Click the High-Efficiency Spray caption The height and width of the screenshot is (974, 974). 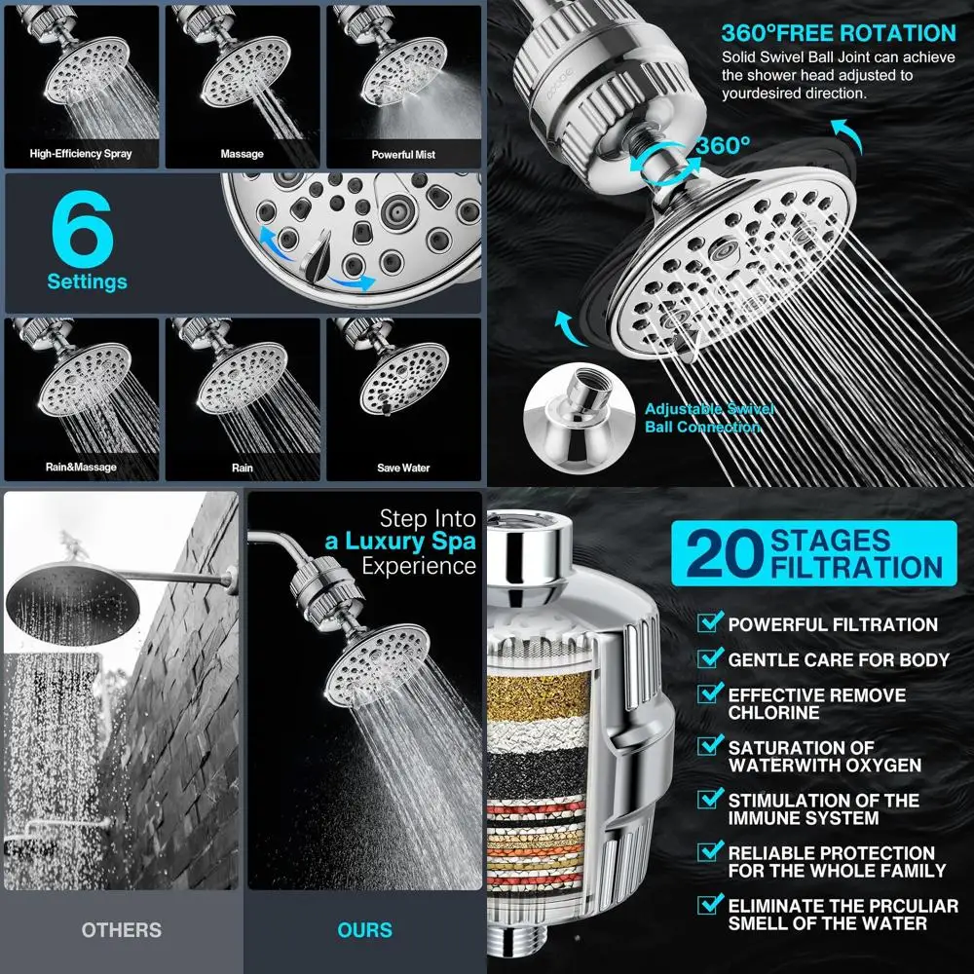coord(81,154)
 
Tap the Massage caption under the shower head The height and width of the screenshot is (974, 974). coord(242,154)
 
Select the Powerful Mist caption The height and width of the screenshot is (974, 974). coord(403,154)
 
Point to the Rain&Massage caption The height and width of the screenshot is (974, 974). coord(81,468)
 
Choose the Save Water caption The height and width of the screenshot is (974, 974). coord(403,468)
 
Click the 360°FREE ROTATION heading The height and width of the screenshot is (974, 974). coord(839,33)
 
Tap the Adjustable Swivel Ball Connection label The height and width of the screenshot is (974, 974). coord(709,419)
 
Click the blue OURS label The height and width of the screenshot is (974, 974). coord(364,931)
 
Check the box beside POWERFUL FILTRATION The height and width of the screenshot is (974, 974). coord(711,623)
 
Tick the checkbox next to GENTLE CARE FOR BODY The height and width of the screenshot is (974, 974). coord(711,659)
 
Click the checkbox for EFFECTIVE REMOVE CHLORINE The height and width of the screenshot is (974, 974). coord(711,695)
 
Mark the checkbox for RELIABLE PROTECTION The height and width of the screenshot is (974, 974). coord(711,853)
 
